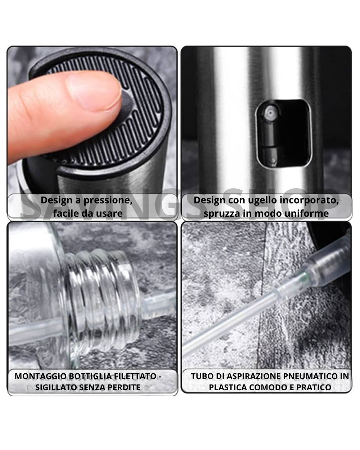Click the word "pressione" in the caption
(108, 200)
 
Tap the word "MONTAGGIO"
(41, 377)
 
